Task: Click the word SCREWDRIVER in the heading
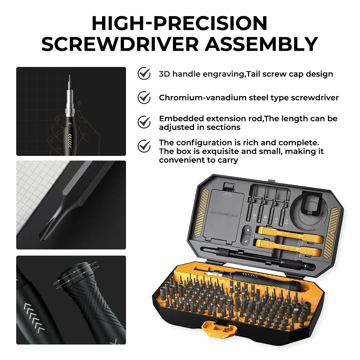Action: point(120,44)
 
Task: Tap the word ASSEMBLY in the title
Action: point(261,44)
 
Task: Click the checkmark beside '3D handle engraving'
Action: point(144,73)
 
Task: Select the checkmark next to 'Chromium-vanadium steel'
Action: point(144,98)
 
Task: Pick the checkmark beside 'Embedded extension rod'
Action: point(144,122)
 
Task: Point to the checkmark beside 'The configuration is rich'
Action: point(144,146)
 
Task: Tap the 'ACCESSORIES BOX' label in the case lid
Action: point(224,214)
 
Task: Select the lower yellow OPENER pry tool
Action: point(287,248)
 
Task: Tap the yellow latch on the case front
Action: point(219,329)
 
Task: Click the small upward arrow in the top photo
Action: point(79,102)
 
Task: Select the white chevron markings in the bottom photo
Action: point(34,318)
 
